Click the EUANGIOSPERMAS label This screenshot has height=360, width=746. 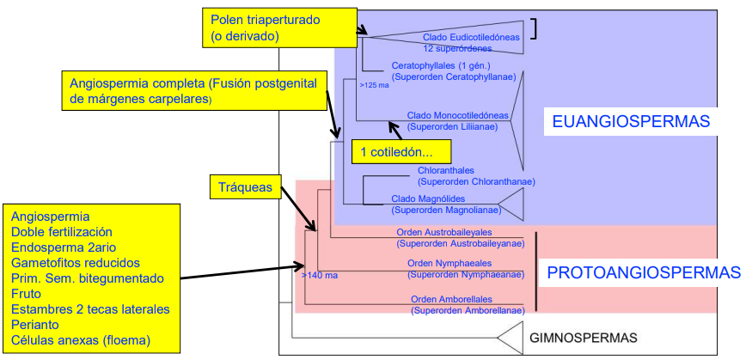(x=630, y=122)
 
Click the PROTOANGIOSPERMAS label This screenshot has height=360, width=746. (x=643, y=273)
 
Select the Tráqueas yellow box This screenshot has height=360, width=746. (x=246, y=186)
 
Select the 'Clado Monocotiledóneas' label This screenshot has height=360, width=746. (x=458, y=115)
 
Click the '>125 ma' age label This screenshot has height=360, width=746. (x=373, y=85)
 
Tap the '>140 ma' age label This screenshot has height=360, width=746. (x=320, y=276)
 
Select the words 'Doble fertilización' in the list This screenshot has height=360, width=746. (x=62, y=232)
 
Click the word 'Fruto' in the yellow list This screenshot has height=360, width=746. (x=27, y=293)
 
